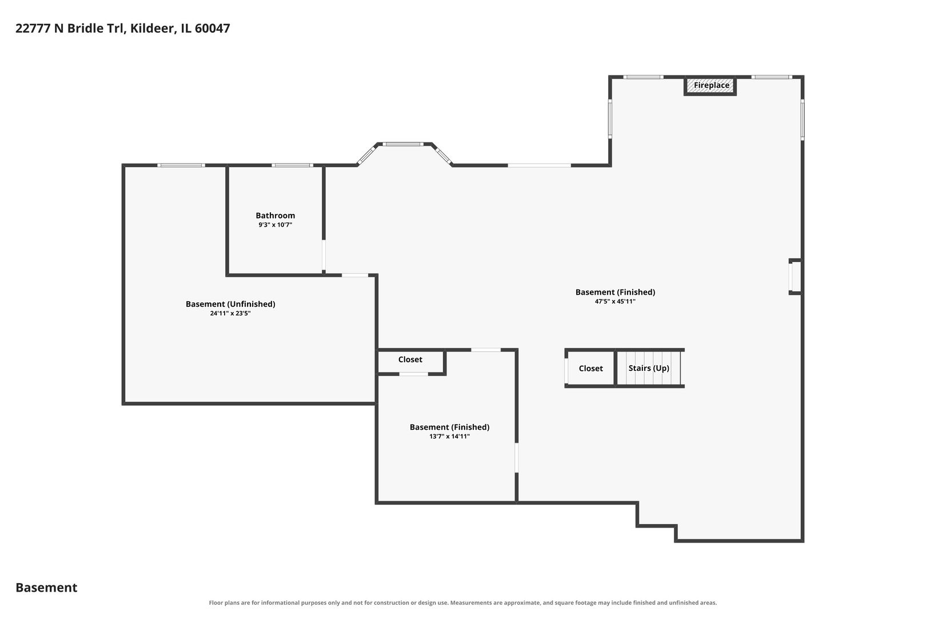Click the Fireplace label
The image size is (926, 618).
(x=712, y=85)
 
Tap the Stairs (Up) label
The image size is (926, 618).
(x=649, y=368)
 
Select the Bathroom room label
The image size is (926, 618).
(x=276, y=215)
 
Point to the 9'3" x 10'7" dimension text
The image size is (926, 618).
(x=276, y=225)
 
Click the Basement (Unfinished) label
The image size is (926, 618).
(x=230, y=304)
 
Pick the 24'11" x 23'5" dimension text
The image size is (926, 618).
(x=230, y=314)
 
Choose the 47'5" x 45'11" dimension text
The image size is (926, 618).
(x=615, y=302)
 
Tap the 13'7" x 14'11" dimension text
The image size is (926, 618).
(x=449, y=436)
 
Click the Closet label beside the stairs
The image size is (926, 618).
(x=590, y=369)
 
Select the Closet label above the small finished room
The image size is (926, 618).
(x=410, y=359)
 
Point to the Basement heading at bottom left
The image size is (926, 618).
(x=46, y=587)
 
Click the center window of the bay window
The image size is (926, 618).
(x=402, y=144)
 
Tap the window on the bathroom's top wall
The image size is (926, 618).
(x=292, y=165)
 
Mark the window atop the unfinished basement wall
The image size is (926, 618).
(x=181, y=165)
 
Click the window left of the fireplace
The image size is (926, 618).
(x=643, y=77)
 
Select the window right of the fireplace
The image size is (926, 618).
(x=772, y=77)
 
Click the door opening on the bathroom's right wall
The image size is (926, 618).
(x=324, y=255)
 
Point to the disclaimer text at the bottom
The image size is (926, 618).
(x=462, y=603)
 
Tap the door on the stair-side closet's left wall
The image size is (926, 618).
(x=566, y=371)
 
